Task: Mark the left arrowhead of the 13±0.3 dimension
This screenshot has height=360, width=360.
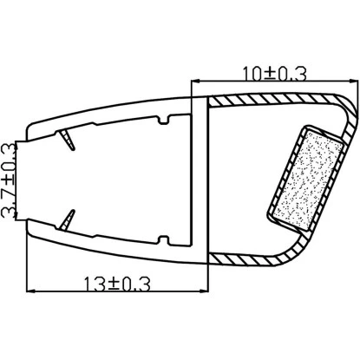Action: point(31,291)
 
